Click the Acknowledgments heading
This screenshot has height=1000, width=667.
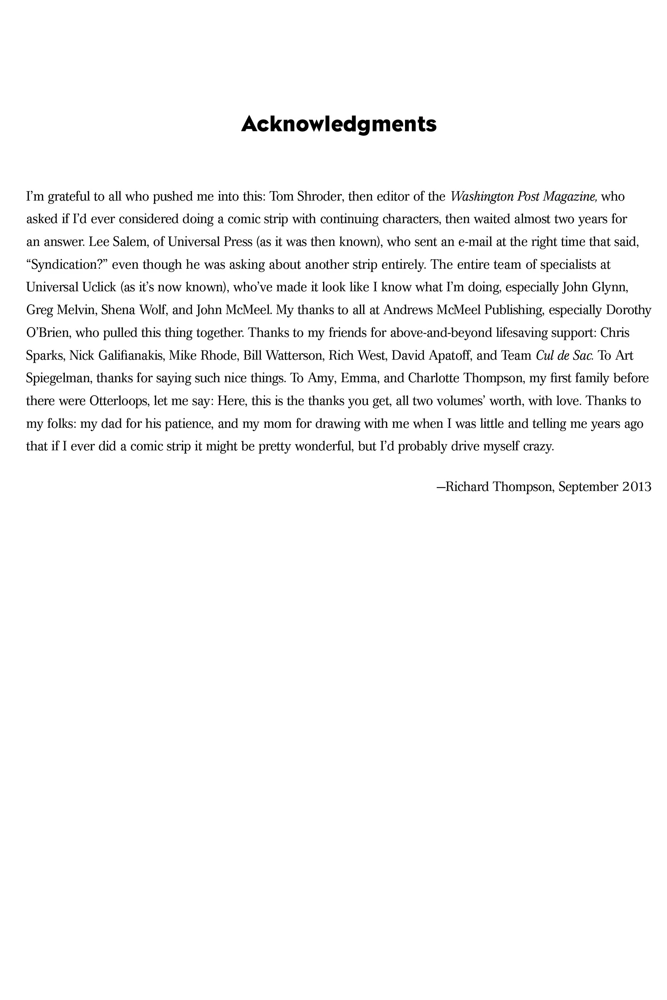(339, 124)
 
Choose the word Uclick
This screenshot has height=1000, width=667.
(99, 287)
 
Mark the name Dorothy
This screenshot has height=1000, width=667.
(628, 310)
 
